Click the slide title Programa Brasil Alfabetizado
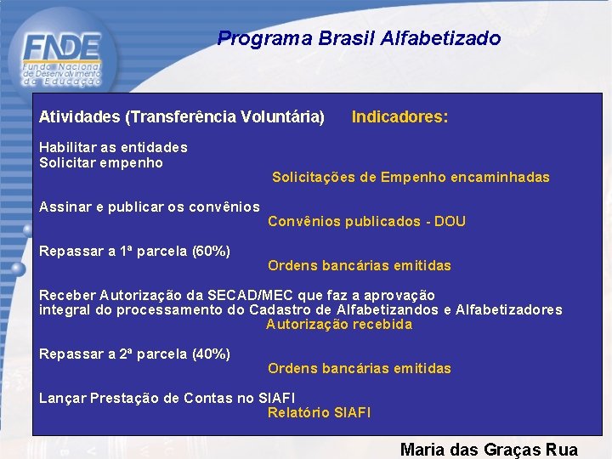point(359,38)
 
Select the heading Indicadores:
point(399,116)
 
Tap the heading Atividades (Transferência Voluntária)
point(182,116)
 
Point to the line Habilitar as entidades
point(113,147)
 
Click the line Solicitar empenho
point(101,162)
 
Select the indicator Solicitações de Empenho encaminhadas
point(411,178)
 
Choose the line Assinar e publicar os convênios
point(150,207)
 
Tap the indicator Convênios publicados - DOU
point(366,222)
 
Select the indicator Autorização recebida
point(338,324)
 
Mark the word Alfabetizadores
point(508,309)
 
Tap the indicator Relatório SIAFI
point(319,413)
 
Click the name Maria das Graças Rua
point(489,450)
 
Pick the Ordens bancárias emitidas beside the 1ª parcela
point(359,266)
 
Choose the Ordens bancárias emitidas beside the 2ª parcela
point(359,369)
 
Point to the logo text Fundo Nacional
point(62,66)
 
